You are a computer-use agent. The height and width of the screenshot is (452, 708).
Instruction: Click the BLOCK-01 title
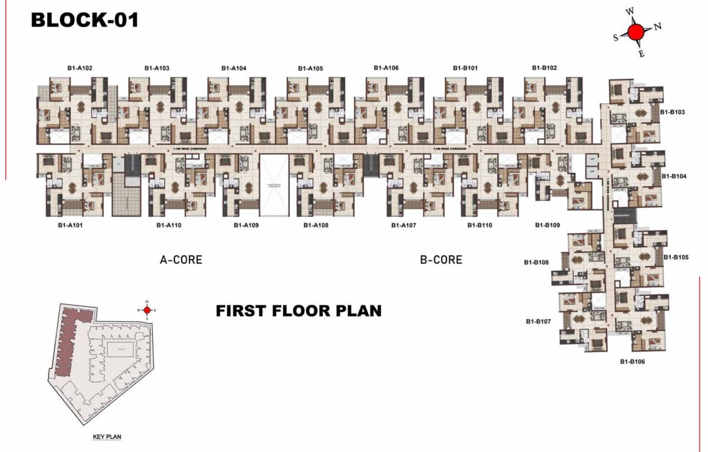(x=85, y=20)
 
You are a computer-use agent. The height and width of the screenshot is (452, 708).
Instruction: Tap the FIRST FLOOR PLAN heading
(x=299, y=310)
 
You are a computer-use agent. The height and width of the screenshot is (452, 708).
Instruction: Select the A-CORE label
(x=181, y=260)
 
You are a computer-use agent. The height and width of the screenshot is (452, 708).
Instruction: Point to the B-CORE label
(x=441, y=260)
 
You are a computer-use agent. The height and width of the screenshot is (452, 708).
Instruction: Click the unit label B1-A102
(x=80, y=68)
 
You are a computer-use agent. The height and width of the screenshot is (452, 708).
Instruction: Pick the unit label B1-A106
(x=386, y=68)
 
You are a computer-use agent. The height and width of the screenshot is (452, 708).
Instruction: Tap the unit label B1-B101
(x=465, y=68)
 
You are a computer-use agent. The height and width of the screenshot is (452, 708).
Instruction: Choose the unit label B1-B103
(x=672, y=111)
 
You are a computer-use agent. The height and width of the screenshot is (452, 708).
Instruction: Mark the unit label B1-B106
(x=632, y=361)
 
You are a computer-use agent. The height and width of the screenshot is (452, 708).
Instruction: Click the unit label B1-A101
(x=70, y=225)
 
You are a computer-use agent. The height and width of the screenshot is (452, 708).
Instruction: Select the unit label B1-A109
(x=246, y=225)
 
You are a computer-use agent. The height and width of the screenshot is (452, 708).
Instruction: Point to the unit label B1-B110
(x=479, y=225)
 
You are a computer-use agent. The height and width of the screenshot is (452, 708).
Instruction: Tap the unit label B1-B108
(x=537, y=262)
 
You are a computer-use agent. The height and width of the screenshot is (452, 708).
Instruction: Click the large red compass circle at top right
(x=636, y=32)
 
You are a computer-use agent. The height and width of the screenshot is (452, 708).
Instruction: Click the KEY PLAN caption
(x=107, y=437)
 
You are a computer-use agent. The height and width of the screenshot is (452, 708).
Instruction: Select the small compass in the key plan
(x=147, y=310)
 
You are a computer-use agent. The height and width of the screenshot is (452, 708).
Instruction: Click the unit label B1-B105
(x=676, y=257)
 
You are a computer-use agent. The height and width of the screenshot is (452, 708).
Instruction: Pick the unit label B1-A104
(x=234, y=68)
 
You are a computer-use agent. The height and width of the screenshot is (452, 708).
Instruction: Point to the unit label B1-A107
(x=403, y=225)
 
